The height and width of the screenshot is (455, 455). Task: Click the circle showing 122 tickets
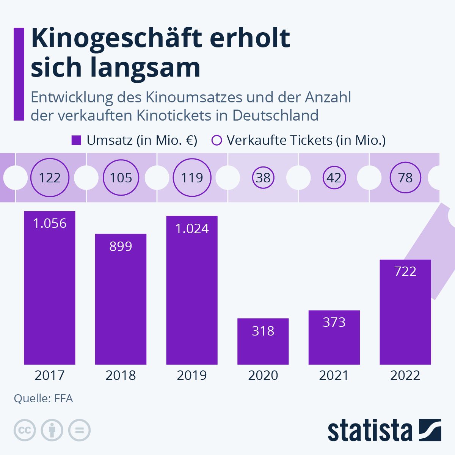point(50,177)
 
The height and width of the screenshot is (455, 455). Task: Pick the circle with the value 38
point(263,177)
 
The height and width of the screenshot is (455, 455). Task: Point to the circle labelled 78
point(405,177)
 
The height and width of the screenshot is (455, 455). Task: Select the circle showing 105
point(121,177)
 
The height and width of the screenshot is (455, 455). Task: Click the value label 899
point(121,246)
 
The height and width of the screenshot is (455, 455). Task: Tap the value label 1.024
point(192,229)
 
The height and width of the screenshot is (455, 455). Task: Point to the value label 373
point(334,322)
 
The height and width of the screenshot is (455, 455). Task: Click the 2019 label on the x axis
point(192,375)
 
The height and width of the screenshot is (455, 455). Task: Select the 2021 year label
point(334,375)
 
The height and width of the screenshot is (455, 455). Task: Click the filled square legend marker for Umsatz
point(76,140)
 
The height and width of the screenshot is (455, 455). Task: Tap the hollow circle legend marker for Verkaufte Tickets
point(217,140)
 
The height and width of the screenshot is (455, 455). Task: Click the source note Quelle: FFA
point(43,399)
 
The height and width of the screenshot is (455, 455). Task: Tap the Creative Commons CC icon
point(25,430)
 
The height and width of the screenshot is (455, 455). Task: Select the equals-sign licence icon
point(79,430)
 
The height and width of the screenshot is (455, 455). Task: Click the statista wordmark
point(370,431)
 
